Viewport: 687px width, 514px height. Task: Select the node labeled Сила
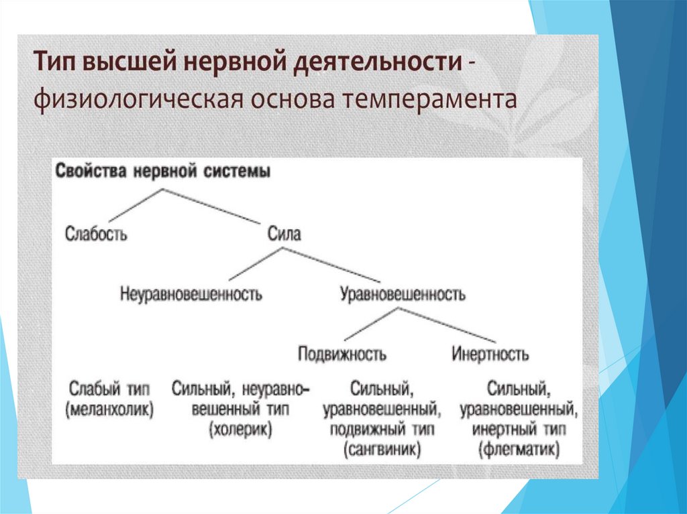pyautogui.click(x=284, y=234)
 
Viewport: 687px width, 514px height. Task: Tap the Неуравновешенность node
pyautogui.click(x=191, y=294)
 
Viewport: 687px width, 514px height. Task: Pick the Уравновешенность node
pyautogui.click(x=403, y=294)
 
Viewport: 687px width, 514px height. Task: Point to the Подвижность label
pyautogui.click(x=341, y=353)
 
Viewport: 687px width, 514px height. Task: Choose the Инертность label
pyautogui.click(x=490, y=353)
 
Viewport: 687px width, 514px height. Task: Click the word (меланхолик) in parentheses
pyautogui.click(x=109, y=409)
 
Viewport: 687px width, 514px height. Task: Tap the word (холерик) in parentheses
pyautogui.click(x=240, y=430)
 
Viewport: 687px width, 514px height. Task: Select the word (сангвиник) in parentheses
pyautogui.click(x=381, y=448)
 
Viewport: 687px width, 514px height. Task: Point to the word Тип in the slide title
pyautogui.click(x=56, y=64)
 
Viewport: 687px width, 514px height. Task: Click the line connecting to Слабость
pyautogui.click(x=134, y=204)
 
